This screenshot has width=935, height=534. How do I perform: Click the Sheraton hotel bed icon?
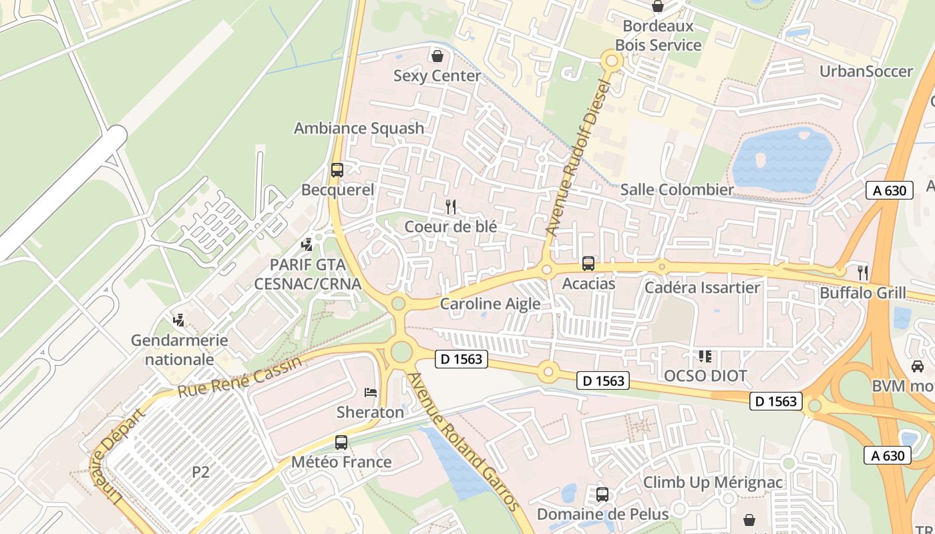click(371, 392)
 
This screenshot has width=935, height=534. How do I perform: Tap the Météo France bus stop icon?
click(341, 442)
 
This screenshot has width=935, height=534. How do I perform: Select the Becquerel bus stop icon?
click(337, 170)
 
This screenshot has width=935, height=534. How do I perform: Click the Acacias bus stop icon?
click(588, 264)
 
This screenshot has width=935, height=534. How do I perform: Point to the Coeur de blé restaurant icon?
click(451, 206)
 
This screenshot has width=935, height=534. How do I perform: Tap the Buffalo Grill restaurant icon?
click(863, 272)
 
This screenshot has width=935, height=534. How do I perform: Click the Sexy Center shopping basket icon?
click(437, 55)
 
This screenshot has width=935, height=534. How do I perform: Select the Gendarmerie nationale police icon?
click(178, 320)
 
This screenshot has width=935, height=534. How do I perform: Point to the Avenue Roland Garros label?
click(463, 442)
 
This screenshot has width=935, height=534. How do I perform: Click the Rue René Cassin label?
click(240, 377)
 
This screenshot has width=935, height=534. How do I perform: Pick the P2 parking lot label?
click(201, 472)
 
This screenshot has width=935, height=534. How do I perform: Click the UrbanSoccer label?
click(866, 71)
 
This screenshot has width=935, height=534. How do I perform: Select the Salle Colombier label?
click(677, 190)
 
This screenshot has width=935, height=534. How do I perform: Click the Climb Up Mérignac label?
click(713, 482)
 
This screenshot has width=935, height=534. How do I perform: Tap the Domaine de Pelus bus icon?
click(602, 495)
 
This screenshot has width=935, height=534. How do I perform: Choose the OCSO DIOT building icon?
click(705, 356)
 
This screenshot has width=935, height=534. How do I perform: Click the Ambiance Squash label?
click(359, 128)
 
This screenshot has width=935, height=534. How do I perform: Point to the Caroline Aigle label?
click(490, 304)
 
